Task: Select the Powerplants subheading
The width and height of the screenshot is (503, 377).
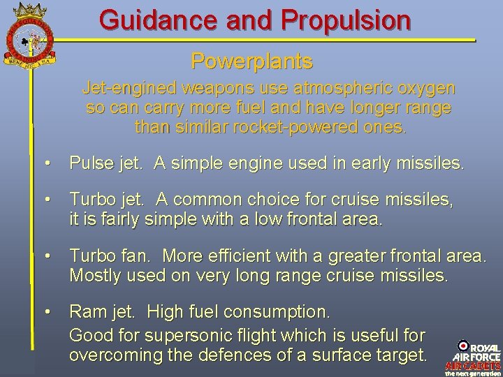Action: point(251,62)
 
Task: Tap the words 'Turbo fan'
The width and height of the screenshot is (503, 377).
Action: point(105,256)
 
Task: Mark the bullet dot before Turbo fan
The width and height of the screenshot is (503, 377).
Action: point(46,257)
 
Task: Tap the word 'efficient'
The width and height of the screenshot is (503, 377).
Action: point(233,256)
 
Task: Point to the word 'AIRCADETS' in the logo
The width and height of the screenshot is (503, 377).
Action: point(473,364)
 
